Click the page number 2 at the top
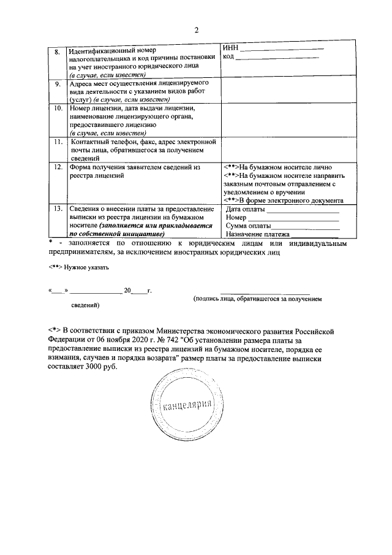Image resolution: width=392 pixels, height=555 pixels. tap(196, 30)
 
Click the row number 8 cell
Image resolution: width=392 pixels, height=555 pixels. tap(56, 52)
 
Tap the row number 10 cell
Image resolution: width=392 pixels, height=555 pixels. tap(56, 108)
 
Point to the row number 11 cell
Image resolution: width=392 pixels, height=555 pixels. tap(56, 142)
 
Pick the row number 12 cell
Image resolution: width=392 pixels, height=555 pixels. tap(56, 167)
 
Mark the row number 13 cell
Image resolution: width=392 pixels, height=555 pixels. tap(56, 209)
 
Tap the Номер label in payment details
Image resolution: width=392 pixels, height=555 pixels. tap(236, 218)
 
